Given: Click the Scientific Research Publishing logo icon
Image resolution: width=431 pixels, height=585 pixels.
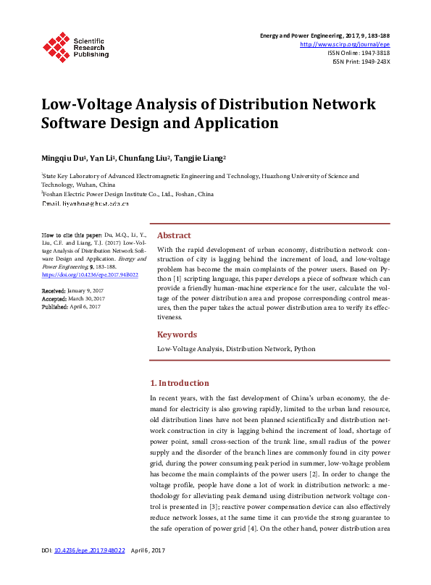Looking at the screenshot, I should [57, 46].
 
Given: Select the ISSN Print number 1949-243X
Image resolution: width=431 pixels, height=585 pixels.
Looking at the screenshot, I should [374, 62].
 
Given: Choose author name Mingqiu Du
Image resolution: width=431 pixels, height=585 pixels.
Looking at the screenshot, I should [62, 157].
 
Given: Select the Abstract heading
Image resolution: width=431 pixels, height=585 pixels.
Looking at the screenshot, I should [174, 235].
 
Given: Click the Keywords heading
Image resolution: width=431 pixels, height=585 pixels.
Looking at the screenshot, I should [177, 334].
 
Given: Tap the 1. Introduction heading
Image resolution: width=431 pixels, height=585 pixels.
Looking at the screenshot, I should [179, 383].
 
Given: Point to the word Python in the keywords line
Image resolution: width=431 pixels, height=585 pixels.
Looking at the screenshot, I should [304, 349].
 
